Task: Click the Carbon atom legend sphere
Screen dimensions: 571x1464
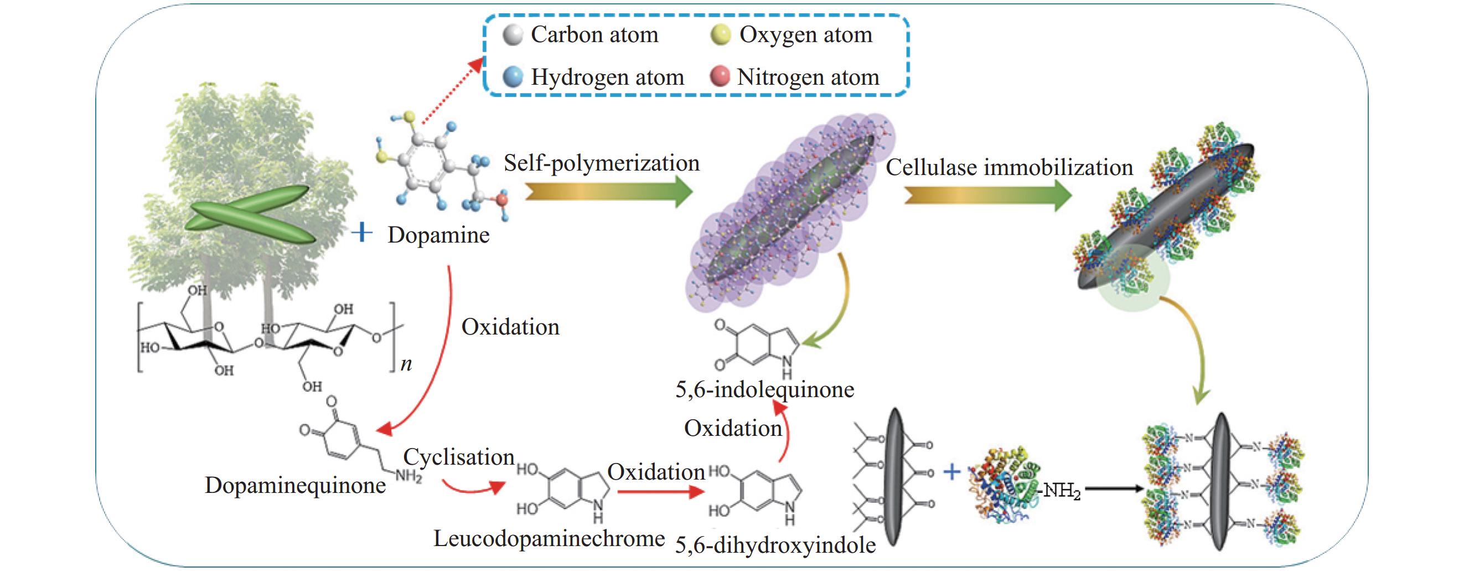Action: (513, 35)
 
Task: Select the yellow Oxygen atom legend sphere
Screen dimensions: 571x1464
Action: (721, 35)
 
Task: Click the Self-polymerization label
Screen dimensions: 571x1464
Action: (601, 163)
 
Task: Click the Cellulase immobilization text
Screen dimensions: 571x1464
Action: (1010, 168)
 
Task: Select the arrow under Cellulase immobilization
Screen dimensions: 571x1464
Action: (988, 196)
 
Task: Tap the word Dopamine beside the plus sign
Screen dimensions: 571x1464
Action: (438, 235)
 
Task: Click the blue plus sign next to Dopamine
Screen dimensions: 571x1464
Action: (362, 233)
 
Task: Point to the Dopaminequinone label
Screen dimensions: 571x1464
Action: (295, 485)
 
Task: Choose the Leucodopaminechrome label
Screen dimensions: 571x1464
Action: (549, 538)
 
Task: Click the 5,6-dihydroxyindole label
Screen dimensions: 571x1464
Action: (775, 546)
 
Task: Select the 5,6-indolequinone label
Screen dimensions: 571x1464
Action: (764, 389)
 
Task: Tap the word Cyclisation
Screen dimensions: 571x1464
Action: (459, 457)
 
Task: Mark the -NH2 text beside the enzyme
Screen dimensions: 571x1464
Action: (1062, 490)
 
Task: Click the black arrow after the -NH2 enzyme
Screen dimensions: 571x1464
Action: (1114, 488)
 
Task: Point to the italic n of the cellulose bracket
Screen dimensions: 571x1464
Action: (406, 364)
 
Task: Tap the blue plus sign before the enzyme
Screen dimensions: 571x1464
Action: (952, 471)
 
